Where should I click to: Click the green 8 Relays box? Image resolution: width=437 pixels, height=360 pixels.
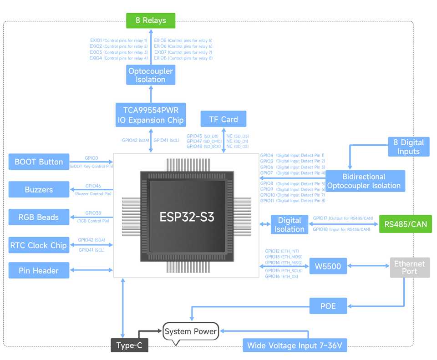pyautogui.click(x=151, y=20)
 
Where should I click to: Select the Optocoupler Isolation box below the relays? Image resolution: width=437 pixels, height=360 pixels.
pyautogui.click(x=151, y=75)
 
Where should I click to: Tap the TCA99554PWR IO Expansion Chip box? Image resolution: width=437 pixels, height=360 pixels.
pyautogui.click(x=151, y=115)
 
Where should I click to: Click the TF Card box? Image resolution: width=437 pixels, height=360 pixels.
pyautogui.click(x=223, y=119)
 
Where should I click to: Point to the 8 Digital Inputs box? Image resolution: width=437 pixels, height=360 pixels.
pyautogui.click(x=408, y=147)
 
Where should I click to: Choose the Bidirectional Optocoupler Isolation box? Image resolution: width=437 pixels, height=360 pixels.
pyautogui.click(x=364, y=181)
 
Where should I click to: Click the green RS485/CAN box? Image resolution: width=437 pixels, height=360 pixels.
pyautogui.click(x=406, y=224)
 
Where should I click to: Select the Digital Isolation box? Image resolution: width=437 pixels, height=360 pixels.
pyautogui.click(x=290, y=224)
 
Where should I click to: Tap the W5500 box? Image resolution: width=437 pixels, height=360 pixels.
pyautogui.click(x=328, y=266)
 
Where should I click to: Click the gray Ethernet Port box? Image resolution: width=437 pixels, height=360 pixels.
pyautogui.click(x=409, y=268)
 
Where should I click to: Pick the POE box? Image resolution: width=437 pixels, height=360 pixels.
pyautogui.click(x=328, y=306)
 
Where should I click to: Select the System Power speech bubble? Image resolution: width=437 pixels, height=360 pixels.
pyautogui.click(x=191, y=332)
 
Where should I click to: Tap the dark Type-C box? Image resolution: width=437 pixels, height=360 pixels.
pyautogui.click(x=129, y=345)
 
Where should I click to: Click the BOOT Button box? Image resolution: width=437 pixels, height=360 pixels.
pyautogui.click(x=39, y=162)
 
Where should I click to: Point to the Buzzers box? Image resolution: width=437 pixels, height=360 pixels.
pyautogui.click(x=39, y=189)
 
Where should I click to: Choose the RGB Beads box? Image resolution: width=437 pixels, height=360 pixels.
pyautogui.click(x=39, y=217)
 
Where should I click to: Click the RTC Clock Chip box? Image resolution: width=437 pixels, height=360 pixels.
pyautogui.click(x=39, y=245)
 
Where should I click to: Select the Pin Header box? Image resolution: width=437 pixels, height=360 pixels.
pyautogui.click(x=39, y=270)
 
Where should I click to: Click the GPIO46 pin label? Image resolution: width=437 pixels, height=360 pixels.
pyautogui.click(x=93, y=186)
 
